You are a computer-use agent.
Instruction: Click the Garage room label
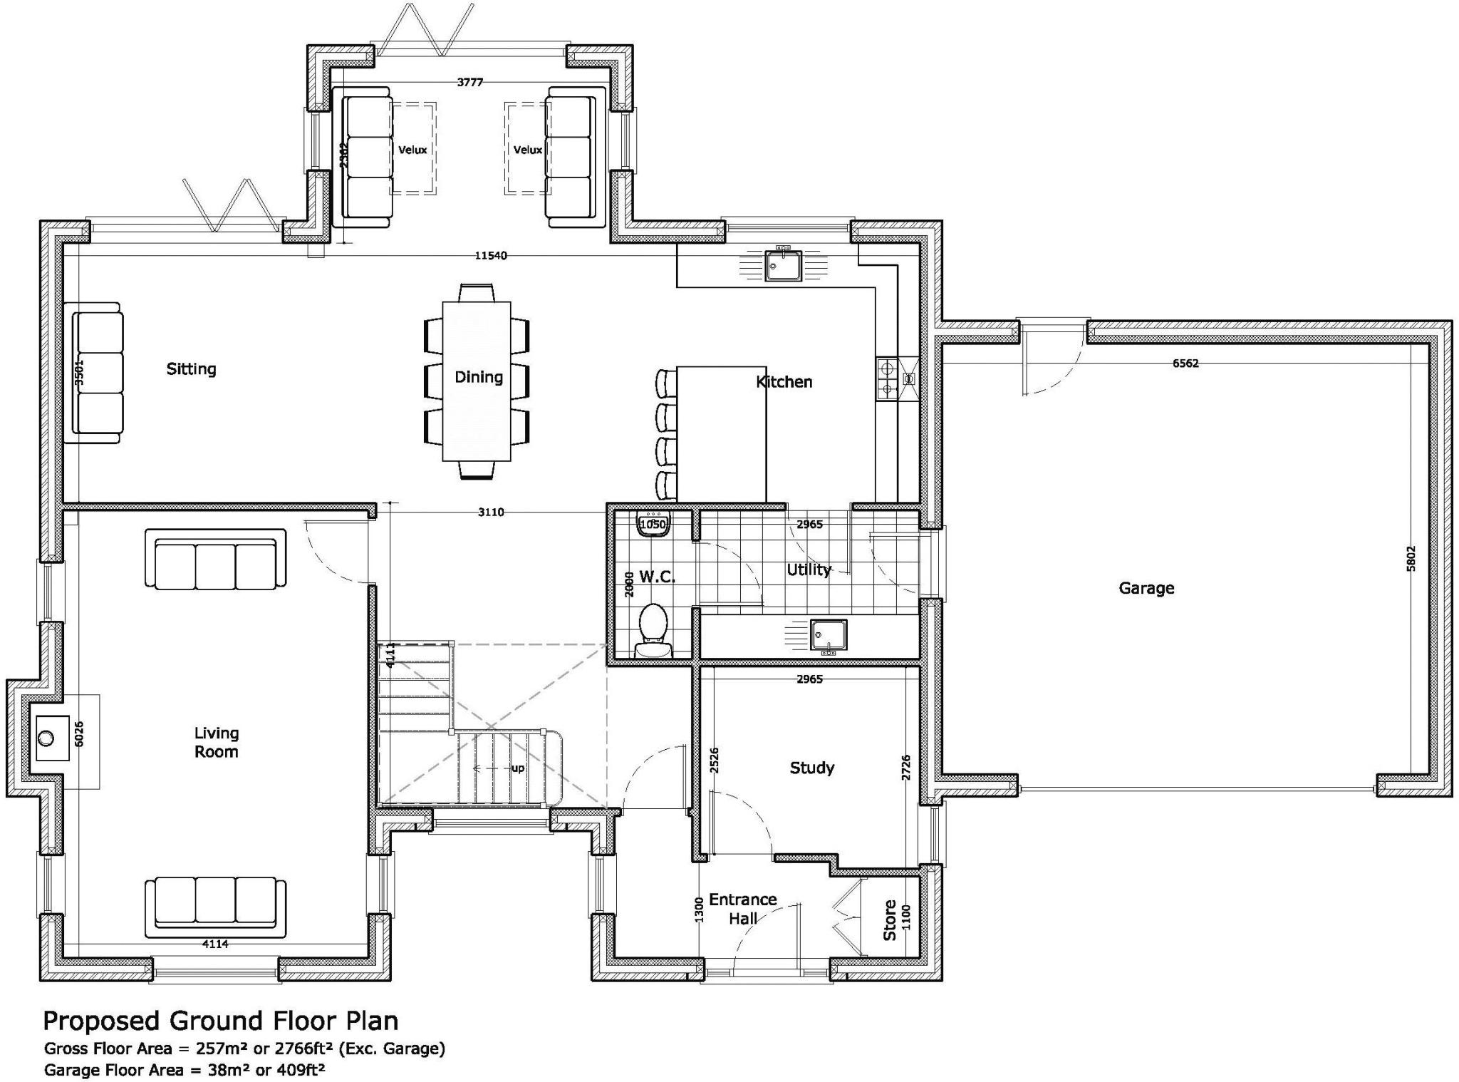pyautogui.click(x=1146, y=588)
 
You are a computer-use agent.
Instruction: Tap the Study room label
pyautogui.click(x=811, y=768)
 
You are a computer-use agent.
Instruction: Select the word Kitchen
pyautogui.click(x=784, y=382)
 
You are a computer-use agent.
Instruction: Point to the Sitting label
pyautogui.click(x=191, y=369)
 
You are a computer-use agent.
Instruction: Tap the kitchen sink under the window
pyautogui.click(x=783, y=266)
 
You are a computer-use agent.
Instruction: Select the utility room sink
pyautogui.click(x=828, y=635)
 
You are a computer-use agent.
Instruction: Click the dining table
pyautogui.click(x=477, y=381)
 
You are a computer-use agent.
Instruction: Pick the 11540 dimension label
pyautogui.click(x=491, y=255)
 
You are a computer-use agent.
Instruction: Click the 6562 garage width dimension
pyautogui.click(x=1185, y=363)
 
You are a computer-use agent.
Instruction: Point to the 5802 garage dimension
pyautogui.click(x=1411, y=558)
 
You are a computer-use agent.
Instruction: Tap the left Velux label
pyautogui.click(x=412, y=150)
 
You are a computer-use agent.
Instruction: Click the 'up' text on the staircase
pyautogui.click(x=518, y=768)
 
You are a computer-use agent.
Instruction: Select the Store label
pyautogui.click(x=889, y=920)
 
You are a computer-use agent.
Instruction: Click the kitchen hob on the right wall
pyautogui.click(x=888, y=378)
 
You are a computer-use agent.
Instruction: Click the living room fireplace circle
pyautogui.click(x=47, y=737)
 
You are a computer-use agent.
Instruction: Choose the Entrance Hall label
pyautogui.click(x=742, y=909)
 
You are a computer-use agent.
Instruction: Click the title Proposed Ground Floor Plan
pyautogui.click(x=221, y=1021)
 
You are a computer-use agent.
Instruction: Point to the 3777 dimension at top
pyautogui.click(x=470, y=82)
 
